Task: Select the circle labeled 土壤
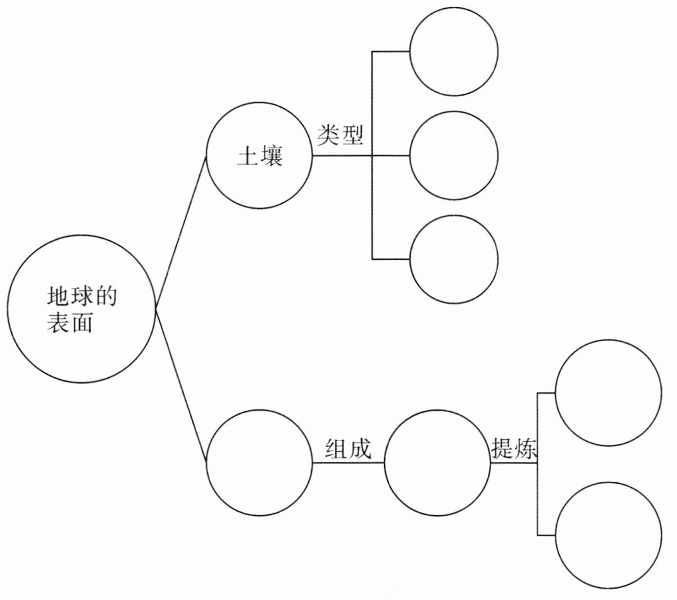[x=259, y=155]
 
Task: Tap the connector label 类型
[x=342, y=135]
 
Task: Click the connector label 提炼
[x=514, y=448]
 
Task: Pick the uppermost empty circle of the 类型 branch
[x=453, y=50]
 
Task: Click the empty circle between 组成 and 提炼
[x=437, y=463]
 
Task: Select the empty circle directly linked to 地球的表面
[x=259, y=463]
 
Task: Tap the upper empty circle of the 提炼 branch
[x=608, y=392]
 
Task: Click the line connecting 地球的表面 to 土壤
[x=181, y=232]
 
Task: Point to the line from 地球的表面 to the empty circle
[x=181, y=386]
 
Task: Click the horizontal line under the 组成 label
[x=348, y=463]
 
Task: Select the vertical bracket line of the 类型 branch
[x=371, y=203]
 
